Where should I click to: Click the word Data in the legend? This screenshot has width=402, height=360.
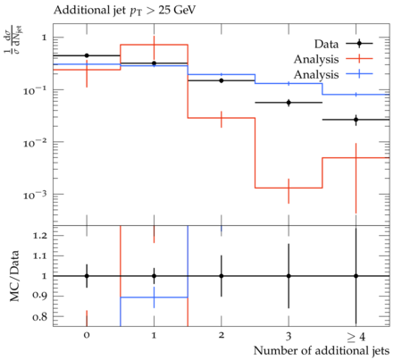pyautogui.click(x=326, y=44)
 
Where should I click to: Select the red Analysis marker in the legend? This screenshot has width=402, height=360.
pyautogui.click(x=359, y=59)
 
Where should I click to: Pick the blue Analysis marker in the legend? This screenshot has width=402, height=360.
pyautogui.click(x=359, y=73)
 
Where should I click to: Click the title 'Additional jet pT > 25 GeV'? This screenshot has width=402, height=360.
pyautogui.click(x=124, y=11)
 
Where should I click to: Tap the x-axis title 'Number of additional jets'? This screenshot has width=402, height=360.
pyautogui.click(x=322, y=350)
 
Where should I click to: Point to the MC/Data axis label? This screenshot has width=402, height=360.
pyautogui.click(x=14, y=276)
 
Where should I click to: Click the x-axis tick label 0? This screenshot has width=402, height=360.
pyautogui.click(x=87, y=335)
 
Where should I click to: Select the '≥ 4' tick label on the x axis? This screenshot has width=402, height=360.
pyautogui.click(x=356, y=337)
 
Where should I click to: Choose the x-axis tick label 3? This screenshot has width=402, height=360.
pyautogui.click(x=289, y=336)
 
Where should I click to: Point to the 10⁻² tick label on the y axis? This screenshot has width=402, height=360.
pyautogui.click(x=35, y=144)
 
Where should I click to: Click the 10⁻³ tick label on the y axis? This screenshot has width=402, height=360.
pyautogui.click(x=35, y=196)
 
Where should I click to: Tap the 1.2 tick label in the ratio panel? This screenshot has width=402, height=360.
pyautogui.click(x=40, y=236)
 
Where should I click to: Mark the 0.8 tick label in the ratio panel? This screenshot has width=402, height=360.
pyautogui.click(x=40, y=317)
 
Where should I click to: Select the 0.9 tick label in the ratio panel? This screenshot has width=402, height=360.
pyautogui.click(x=40, y=296)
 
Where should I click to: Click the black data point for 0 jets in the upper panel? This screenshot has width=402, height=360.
pyautogui.click(x=87, y=55)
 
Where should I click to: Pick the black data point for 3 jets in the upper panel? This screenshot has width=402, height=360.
pyautogui.click(x=289, y=103)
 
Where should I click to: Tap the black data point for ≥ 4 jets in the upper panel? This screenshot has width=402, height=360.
pyautogui.click(x=356, y=120)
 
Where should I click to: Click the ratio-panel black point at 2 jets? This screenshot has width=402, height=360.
pyautogui.click(x=222, y=276)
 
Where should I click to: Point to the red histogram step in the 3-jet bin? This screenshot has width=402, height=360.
pyautogui.click(x=289, y=188)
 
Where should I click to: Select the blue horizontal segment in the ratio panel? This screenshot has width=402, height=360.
pyautogui.click(x=154, y=297)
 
